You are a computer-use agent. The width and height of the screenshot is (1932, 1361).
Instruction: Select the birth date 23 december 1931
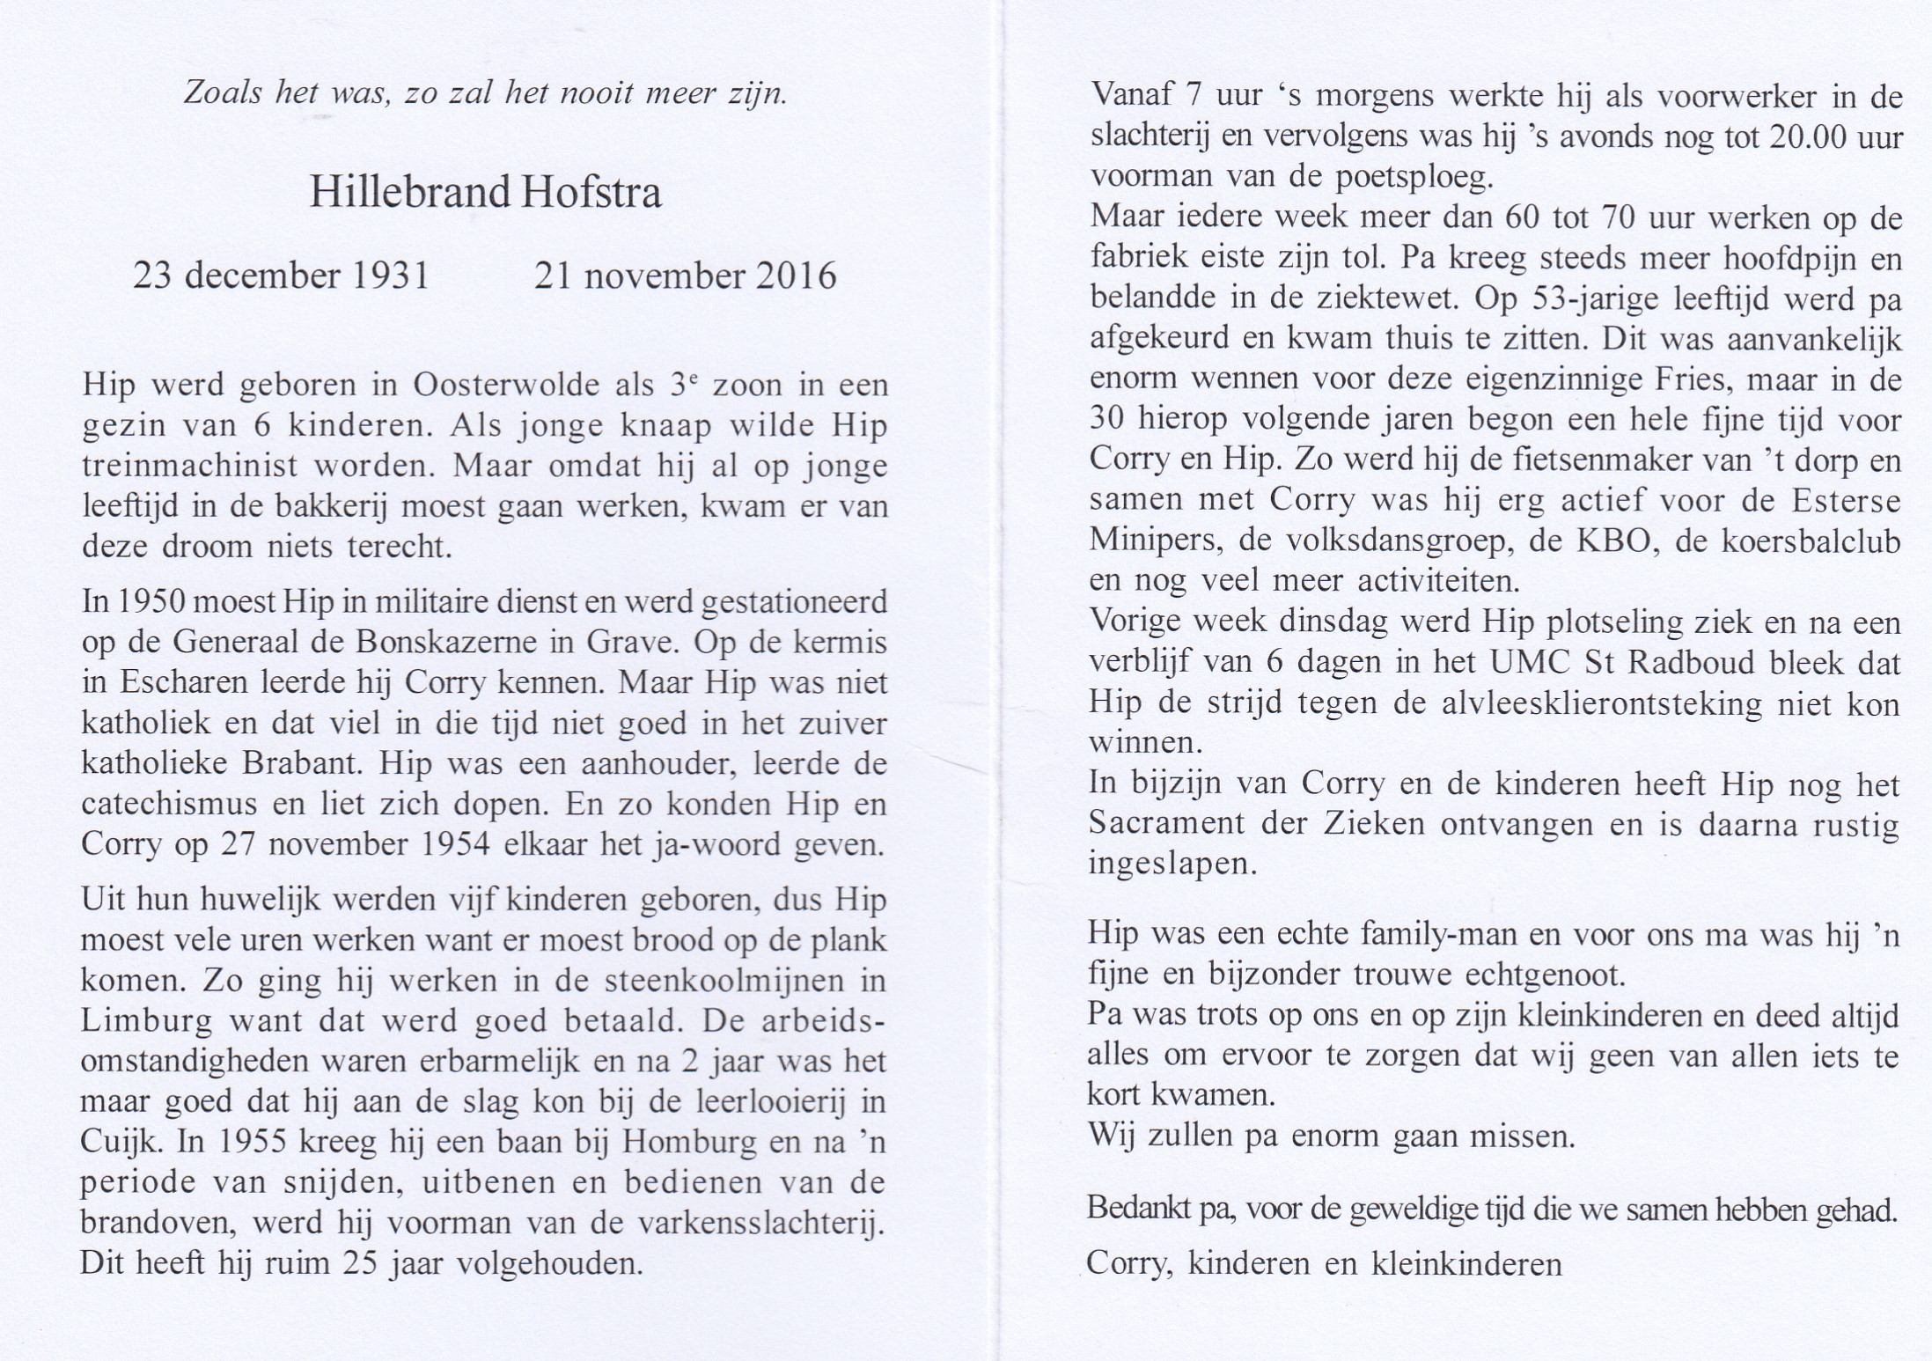(x=282, y=276)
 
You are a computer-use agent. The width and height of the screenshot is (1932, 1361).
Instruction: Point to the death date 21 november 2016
(x=685, y=276)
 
